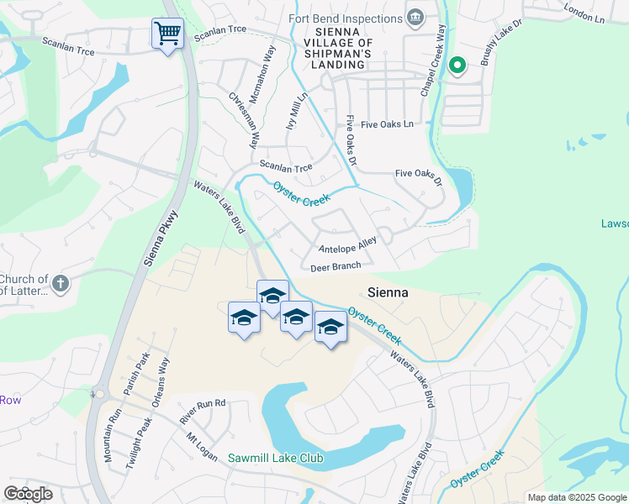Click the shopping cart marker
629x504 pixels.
(x=167, y=34)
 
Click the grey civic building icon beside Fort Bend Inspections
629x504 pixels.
(x=415, y=18)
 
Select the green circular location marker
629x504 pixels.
(x=457, y=64)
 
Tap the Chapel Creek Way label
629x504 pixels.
(x=440, y=49)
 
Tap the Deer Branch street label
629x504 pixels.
(x=336, y=267)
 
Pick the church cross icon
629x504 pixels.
(x=60, y=284)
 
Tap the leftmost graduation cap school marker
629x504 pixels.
(x=244, y=318)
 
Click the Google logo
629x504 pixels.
(x=28, y=494)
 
